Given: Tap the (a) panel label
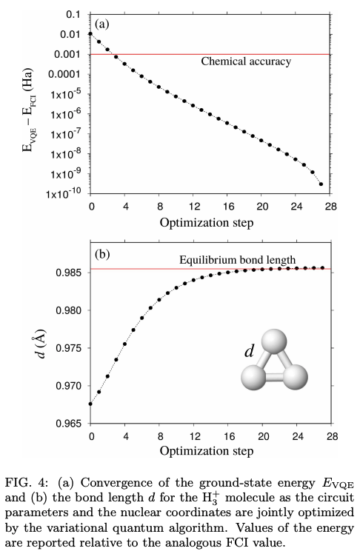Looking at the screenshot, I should click(x=102, y=24).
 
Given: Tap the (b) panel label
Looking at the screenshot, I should click(x=102, y=255).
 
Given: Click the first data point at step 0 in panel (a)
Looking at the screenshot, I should click(x=90, y=34).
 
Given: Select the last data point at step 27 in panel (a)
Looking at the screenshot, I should click(x=321, y=184).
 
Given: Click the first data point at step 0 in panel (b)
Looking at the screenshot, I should click(x=90, y=404).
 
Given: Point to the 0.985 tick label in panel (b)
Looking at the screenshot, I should click(x=67, y=272).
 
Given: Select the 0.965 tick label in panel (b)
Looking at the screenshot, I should click(x=67, y=424).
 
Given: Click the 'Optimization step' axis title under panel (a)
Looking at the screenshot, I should click(x=210, y=221).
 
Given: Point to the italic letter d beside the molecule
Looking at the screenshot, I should click(x=250, y=352).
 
